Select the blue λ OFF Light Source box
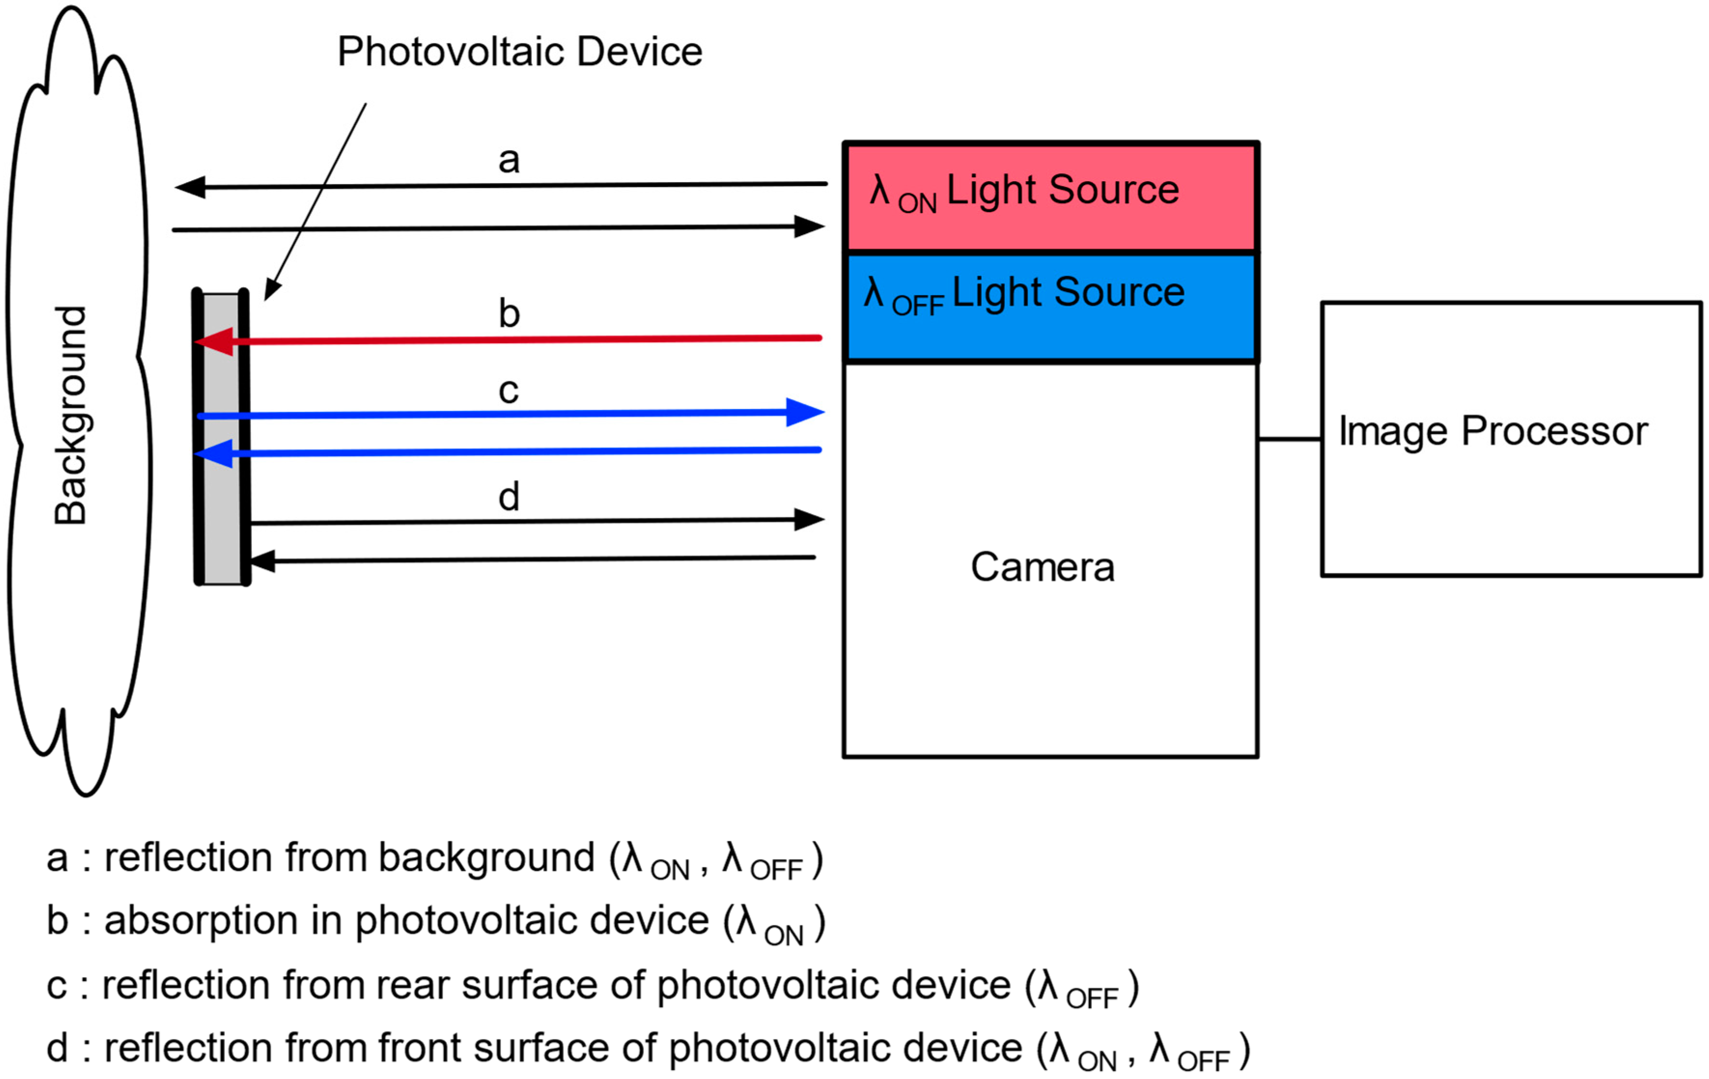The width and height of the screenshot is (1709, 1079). click(x=1051, y=307)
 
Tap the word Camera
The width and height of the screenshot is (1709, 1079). click(x=1042, y=568)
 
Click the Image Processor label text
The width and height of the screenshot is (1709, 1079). click(x=1493, y=432)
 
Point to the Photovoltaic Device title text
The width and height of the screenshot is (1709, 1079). click(x=519, y=52)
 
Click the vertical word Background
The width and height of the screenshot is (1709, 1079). click(x=70, y=415)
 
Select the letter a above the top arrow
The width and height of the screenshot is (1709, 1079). click(x=508, y=160)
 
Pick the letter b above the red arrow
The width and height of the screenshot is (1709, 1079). click(x=508, y=313)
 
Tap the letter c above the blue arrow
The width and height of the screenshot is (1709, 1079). click(x=508, y=390)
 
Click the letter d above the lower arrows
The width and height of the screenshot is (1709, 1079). click(x=508, y=496)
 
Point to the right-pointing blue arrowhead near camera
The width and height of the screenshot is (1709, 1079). click(x=806, y=412)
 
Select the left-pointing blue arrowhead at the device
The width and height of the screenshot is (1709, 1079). click(x=214, y=453)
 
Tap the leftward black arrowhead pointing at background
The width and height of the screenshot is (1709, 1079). click(x=190, y=187)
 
